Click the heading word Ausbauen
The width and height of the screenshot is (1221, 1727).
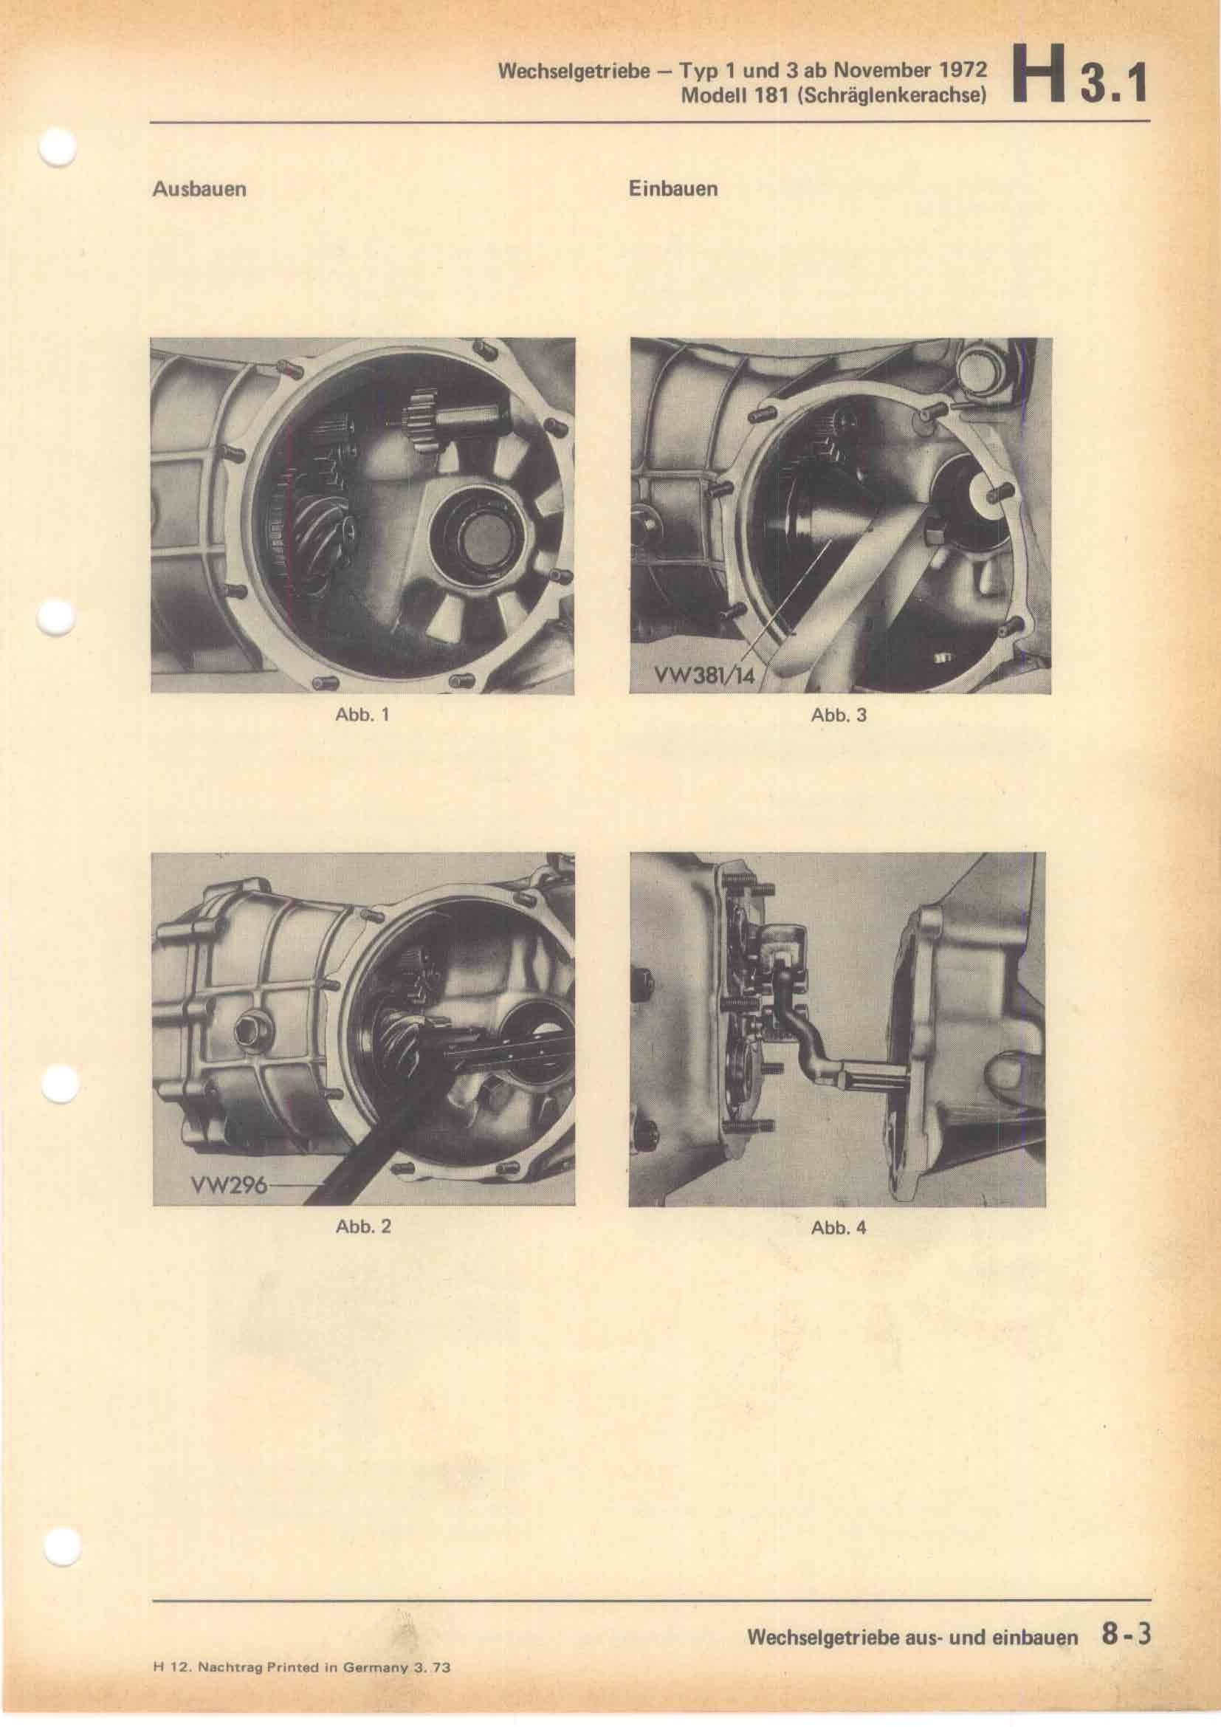click(199, 189)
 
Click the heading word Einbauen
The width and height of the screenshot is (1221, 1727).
click(673, 189)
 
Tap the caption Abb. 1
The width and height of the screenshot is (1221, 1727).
click(362, 715)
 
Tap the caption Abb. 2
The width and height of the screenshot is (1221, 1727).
click(363, 1227)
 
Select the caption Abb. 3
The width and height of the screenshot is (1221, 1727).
click(839, 715)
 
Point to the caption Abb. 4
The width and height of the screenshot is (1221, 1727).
click(839, 1228)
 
